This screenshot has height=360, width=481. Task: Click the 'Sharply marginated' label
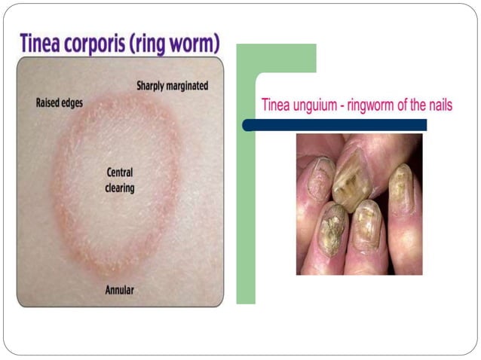[172, 86]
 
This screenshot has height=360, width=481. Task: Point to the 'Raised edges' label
[59, 102]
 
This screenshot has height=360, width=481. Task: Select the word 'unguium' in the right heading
[312, 106]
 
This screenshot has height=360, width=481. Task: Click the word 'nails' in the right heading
[438, 105]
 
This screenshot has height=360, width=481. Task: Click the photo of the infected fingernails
[359, 203]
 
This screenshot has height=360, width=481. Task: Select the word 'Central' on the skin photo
[120, 173]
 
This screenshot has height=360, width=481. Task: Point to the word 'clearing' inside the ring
[119, 188]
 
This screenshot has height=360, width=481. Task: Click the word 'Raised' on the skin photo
[47, 102]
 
